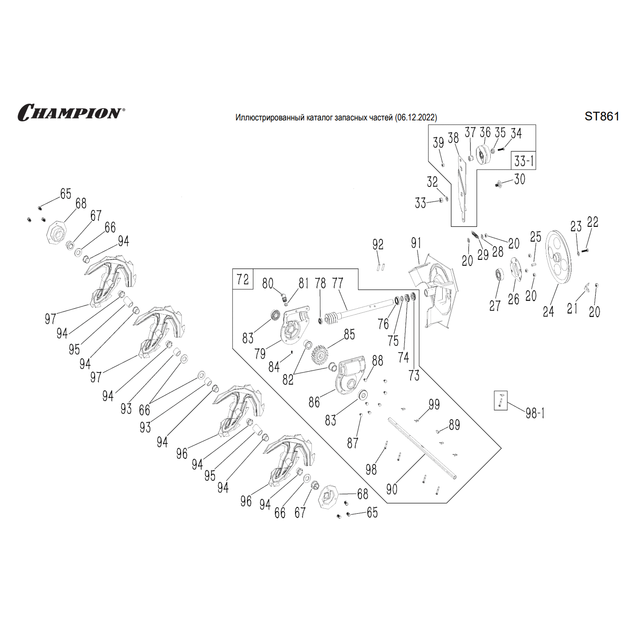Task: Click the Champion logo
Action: (71, 113)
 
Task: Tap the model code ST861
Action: (602, 116)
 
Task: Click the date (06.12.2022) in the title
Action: (416, 118)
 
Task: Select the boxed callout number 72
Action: (243, 279)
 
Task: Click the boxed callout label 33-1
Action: (524, 161)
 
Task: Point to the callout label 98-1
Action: (535, 413)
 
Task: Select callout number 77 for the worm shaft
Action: (338, 283)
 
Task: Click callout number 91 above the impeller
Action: (416, 243)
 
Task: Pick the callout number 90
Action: (392, 489)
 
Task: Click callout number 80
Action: (268, 284)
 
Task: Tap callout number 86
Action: (314, 402)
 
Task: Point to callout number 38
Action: (453, 138)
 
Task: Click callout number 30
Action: (520, 179)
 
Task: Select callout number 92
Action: (378, 245)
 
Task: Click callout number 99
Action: (434, 404)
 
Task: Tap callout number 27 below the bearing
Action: (495, 306)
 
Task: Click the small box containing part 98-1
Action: (501, 401)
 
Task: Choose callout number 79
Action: (260, 354)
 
